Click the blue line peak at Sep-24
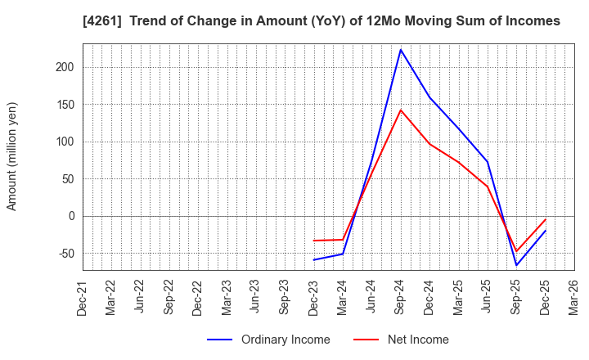tap(400, 49)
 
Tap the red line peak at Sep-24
tap(400, 110)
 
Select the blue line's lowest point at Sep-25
tap(516, 265)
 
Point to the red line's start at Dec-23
tap(313, 241)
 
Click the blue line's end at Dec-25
tap(546, 230)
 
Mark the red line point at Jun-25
tap(488, 187)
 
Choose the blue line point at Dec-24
tap(429, 97)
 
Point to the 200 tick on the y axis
tap(65, 67)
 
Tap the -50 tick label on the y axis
tap(65, 254)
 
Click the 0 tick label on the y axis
tap(71, 216)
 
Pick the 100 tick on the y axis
tap(65, 142)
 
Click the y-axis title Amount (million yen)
tap(12, 156)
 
